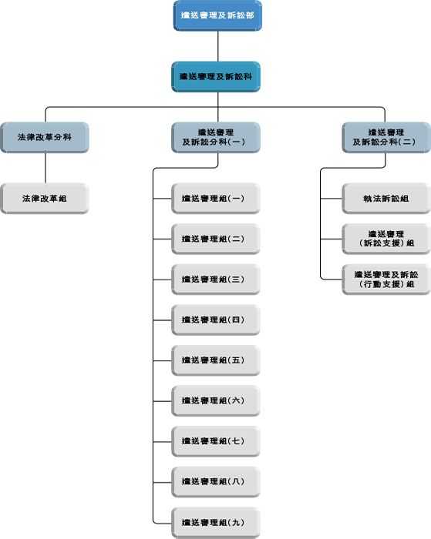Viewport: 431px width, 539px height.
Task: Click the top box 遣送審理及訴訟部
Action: coord(217,16)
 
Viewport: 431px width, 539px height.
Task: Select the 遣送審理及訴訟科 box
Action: coord(216,77)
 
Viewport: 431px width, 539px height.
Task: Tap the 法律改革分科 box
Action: coord(45,138)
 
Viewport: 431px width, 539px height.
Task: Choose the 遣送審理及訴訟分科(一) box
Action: coord(216,138)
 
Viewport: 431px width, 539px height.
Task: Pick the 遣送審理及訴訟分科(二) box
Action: coord(386,138)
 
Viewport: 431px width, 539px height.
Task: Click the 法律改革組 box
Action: coord(45,199)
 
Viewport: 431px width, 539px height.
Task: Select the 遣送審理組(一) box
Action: coord(216,199)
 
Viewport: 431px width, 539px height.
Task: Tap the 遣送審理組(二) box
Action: coord(216,239)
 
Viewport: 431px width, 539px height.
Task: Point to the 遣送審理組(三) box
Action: coord(216,280)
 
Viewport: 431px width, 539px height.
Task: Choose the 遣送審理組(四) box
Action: coord(216,320)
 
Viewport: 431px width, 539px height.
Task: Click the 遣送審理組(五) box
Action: coord(216,360)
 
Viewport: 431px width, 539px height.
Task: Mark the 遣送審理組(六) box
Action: coord(216,401)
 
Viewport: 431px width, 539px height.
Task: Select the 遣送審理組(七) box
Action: coord(216,441)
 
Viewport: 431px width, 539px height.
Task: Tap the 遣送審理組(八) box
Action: coord(216,482)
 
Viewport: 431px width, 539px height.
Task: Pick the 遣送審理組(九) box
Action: coord(216,523)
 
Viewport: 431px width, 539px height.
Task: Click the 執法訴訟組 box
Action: coord(386,199)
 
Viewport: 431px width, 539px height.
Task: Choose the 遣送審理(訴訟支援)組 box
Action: coord(386,239)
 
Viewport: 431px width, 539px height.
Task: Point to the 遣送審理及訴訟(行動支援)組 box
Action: coord(386,280)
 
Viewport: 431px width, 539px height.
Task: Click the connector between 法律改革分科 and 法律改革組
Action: coord(45,168)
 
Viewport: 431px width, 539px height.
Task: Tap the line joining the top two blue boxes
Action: coord(218,46)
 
